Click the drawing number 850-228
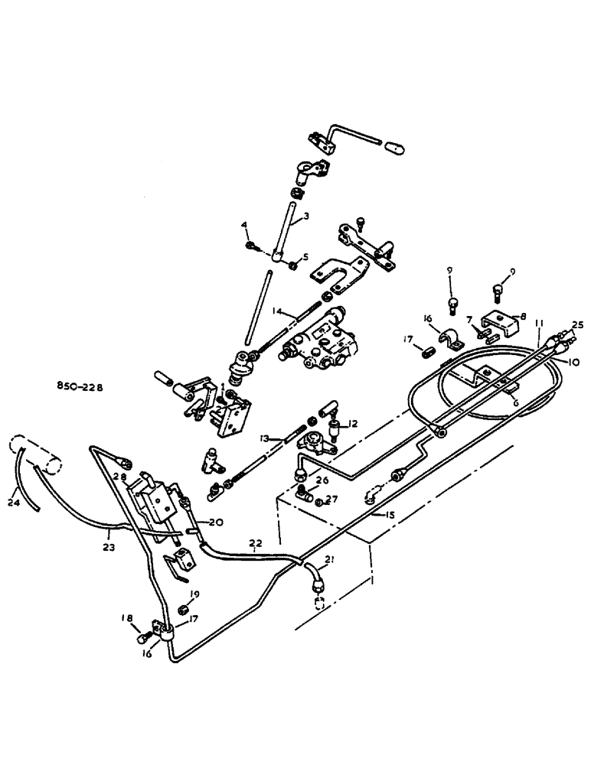(78, 387)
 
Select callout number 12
(352, 424)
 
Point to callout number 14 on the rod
(278, 311)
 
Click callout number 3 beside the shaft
(305, 217)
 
